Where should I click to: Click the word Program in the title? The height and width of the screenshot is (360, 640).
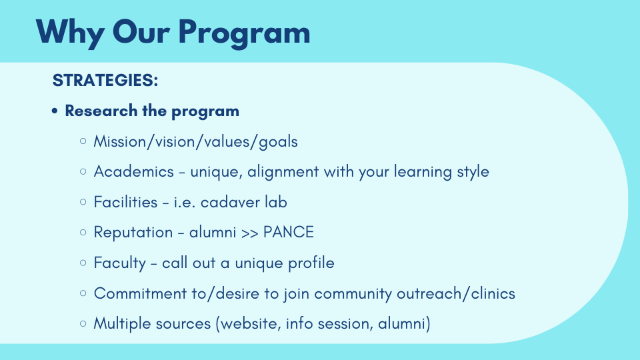(244, 33)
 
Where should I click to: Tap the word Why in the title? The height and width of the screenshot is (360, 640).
(69, 33)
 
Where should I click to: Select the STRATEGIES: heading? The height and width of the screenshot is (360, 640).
(105, 80)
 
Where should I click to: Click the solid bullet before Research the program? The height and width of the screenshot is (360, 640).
(55, 111)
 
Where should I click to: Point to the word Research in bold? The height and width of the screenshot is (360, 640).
(101, 111)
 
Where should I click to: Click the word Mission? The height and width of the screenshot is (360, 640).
(119, 141)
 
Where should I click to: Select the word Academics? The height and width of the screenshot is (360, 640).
(134, 171)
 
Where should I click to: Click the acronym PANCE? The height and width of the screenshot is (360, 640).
(289, 232)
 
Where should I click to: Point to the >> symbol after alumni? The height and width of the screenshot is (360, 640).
(250, 233)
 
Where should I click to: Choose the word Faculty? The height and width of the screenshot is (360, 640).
(119, 263)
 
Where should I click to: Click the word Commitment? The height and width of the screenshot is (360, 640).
(140, 293)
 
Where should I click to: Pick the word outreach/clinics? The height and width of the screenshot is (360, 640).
(456, 293)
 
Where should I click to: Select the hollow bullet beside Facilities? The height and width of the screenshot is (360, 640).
(83, 202)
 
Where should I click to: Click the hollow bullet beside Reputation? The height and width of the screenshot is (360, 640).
(83, 232)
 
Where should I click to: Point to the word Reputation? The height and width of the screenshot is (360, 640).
(133, 233)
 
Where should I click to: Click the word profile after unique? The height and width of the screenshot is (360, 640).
(311, 263)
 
